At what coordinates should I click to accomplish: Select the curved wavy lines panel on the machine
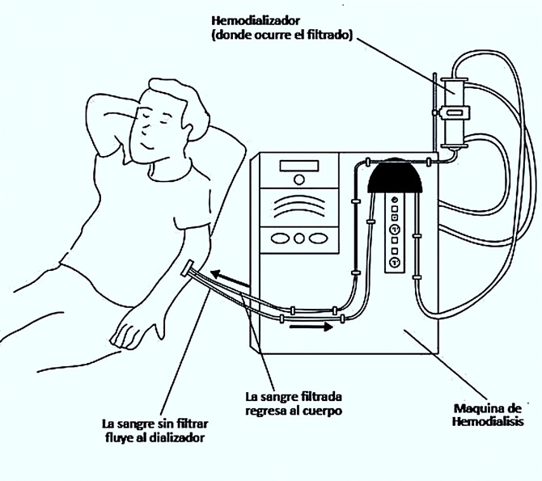[x=299, y=207]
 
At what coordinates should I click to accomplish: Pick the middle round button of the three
[x=299, y=238]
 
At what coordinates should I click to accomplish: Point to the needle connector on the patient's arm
[x=188, y=270]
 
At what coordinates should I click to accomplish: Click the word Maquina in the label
[x=474, y=407]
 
